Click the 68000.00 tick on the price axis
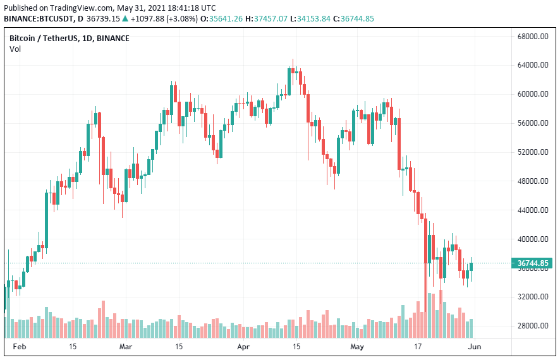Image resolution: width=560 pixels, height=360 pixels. (x=532, y=37)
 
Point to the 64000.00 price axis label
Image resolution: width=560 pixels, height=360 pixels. (x=532, y=66)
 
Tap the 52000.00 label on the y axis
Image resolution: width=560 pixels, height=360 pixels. (x=532, y=152)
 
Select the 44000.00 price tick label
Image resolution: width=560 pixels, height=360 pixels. (x=532, y=210)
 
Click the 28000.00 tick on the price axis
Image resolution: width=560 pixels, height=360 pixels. (x=532, y=326)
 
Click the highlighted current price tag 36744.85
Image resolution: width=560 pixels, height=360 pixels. (x=532, y=263)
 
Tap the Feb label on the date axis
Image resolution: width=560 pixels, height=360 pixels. (x=20, y=347)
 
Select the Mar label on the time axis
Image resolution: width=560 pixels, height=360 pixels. (x=126, y=347)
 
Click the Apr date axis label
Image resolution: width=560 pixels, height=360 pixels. (x=243, y=347)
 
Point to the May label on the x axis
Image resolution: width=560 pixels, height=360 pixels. (x=358, y=347)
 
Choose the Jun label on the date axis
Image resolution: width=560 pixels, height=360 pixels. (x=473, y=347)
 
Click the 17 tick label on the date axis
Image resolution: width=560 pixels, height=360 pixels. (x=418, y=347)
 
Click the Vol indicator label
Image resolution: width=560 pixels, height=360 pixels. (x=15, y=49)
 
